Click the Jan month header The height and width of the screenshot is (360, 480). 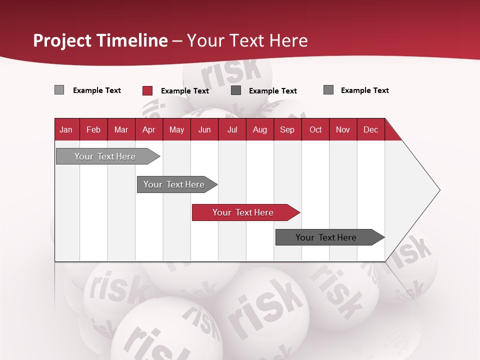tap(66, 129)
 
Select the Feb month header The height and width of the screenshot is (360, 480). tap(93, 129)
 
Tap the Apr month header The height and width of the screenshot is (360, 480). tap(148, 129)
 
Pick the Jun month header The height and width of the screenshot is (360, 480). tap(204, 129)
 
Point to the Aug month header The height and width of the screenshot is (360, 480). tap(259, 129)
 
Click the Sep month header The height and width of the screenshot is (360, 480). tap(287, 129)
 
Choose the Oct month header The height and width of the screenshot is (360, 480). tap(315, 129)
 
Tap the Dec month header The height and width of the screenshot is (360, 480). tap(370, 129)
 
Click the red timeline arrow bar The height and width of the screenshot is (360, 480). tap(245, 212)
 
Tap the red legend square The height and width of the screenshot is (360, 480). tap(147, 90)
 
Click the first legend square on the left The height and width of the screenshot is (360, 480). tap(59, 90)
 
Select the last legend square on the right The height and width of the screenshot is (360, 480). tap(328, 90)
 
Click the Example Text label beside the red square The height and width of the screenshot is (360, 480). tap(184, 91)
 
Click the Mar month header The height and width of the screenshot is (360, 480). tap(121, 129)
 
